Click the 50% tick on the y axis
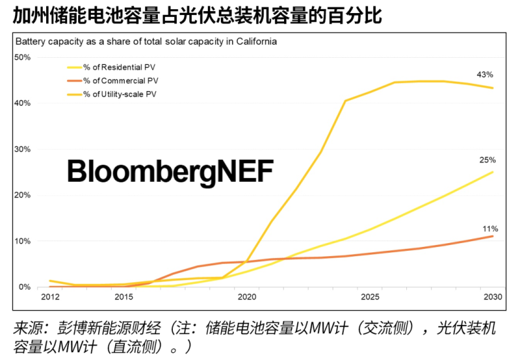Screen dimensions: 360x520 click(22, 57)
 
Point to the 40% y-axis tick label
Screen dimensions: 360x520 click(22, 103)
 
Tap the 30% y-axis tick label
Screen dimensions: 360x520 click(22, 149)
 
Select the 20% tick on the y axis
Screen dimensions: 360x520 click(22, 195)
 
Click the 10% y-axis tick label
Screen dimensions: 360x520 click(22, 241)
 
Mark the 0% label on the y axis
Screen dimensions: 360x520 click(24, 287)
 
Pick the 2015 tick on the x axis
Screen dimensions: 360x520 click(123, 298)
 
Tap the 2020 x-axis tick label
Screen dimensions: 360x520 click(246, 298)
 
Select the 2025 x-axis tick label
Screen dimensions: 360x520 click(369, 298)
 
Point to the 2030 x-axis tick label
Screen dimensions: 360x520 click(493, 298)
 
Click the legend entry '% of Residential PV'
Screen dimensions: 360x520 click(119, 67)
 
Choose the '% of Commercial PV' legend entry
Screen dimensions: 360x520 click(120, 81)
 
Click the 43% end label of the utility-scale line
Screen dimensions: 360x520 click(485, 75)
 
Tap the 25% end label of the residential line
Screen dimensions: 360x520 click(488, 160)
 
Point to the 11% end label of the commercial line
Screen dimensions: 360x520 click(489, 229)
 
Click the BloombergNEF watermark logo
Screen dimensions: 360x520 click(170, 172)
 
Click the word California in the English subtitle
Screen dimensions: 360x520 click(255, 42)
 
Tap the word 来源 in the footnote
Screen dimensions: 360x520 click(27, 328)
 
